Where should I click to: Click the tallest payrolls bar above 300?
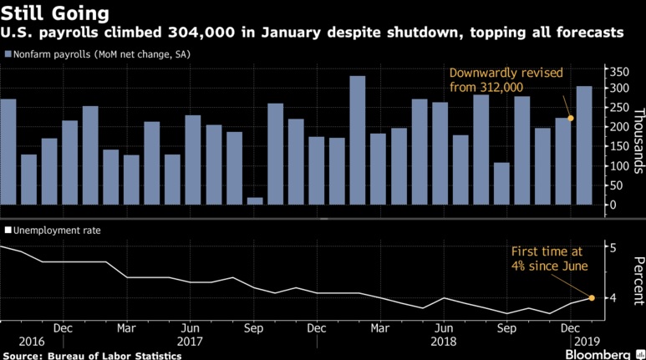coord(357,140)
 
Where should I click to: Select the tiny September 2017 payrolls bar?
coord(255,200)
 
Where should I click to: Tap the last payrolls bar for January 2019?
coord(583,145)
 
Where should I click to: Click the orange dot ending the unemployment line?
coord(592,297)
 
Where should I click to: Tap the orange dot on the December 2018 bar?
coord(571,118)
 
